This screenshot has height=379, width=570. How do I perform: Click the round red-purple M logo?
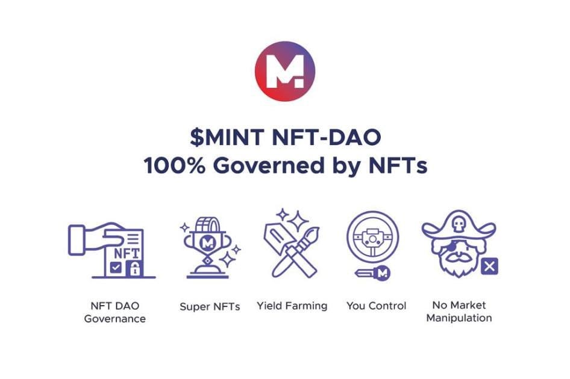285,71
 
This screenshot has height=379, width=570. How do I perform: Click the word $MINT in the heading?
227,138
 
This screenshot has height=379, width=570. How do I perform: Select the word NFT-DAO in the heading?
327,138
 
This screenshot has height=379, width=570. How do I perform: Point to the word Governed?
269,165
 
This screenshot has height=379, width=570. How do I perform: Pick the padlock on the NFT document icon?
135,269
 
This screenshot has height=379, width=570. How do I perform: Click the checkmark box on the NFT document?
116,268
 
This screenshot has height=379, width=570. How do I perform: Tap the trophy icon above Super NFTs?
207,248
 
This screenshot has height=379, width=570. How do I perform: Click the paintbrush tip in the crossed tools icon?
313,233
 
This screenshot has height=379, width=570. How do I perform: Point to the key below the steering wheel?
372,273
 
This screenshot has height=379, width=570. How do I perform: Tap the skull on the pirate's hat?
458,225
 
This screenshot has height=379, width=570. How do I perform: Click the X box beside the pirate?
490,267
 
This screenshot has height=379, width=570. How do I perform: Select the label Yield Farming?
292,306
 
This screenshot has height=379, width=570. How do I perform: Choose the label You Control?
376,306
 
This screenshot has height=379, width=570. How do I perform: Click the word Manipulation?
459,318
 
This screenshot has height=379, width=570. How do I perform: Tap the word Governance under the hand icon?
115,319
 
